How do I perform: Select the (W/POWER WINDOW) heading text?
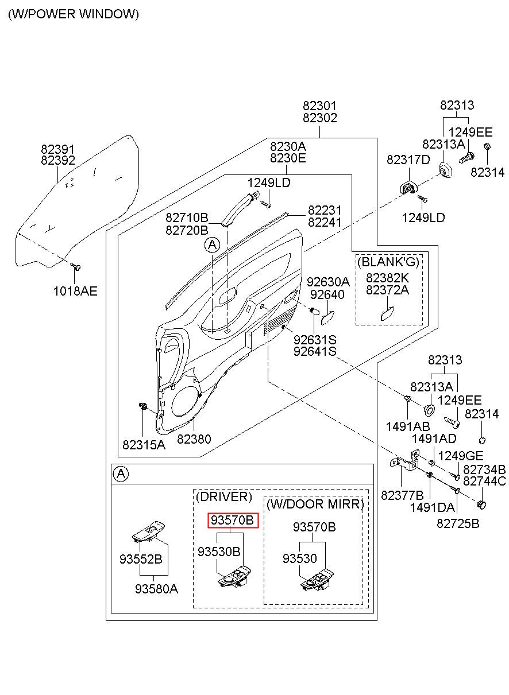pyautogui.click(x=74, y=14)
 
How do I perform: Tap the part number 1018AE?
pyautogui.click(x=75, y=291)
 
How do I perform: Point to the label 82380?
pyautogui.click(x=194, y=439)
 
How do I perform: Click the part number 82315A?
pyautogui.click(x=144, y=445)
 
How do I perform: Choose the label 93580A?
pyautogui.click(x=156, y=589)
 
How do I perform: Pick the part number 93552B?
pyautogui.click(x=141, y=559)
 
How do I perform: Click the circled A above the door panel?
pyautogui.click(x=212, y=245)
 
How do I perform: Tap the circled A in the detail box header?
pyautogui.click(x=121, y=474)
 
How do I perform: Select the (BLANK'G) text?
pyautogui.click(x=388, y=262)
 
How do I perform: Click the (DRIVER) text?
pyautogui.click(x=223, y=496)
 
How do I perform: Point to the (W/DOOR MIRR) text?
pyautogui.click(x=315, y=504)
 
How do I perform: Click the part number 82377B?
pyautogui.click(x=402, y=495)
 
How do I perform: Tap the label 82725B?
pyautogui.click(x=458, y=523)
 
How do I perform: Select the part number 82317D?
pyautogui.click(x=408, y=160)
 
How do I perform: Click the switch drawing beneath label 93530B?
pyautogui.click(x=234, y=576)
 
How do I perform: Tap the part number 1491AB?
pyautogui.click(x=408, y=426)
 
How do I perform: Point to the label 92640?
pyautogui.click(x=327, y=294)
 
